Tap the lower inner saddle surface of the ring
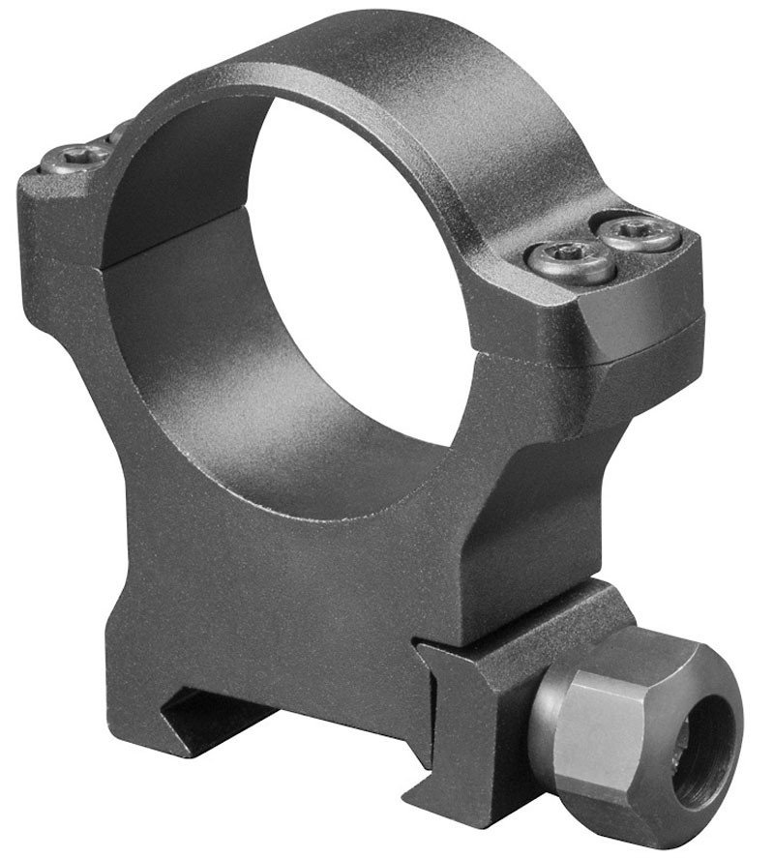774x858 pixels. [x=319, y=455]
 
